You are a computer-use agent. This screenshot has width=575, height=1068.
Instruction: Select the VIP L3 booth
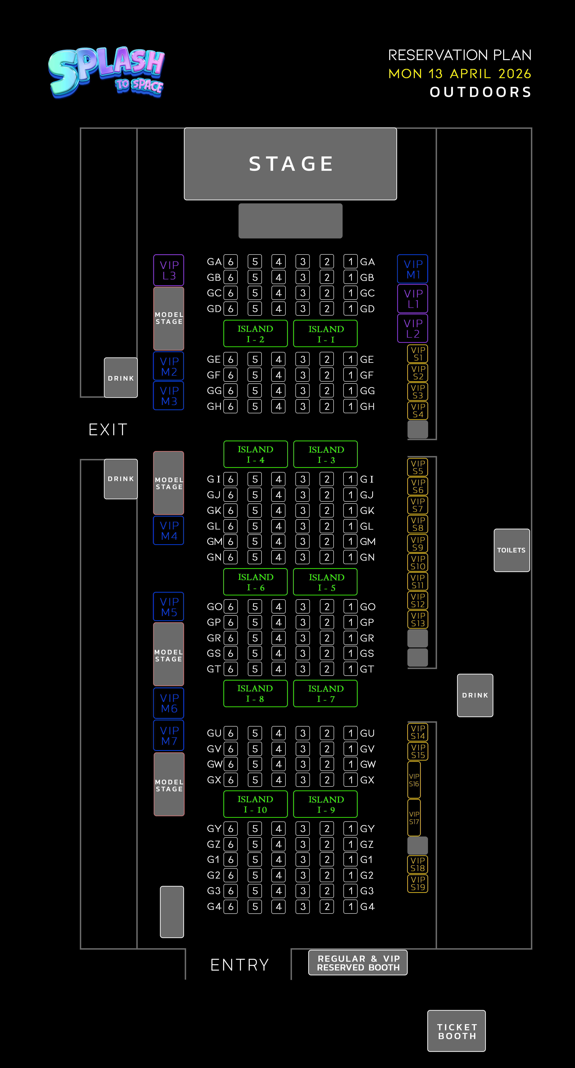(x=169, y=270)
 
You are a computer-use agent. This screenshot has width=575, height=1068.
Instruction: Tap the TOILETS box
(x=512, y=550)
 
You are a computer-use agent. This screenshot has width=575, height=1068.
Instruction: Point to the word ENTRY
(x=240, y=965)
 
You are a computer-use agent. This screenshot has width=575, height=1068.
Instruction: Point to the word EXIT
(x=108, y=429)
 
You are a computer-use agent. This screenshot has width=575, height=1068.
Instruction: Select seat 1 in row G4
(x=350, y=907)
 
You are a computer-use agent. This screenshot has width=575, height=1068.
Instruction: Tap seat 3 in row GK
(x=303, y=510)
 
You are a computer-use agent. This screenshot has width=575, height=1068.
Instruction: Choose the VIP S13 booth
(x=418, y=619)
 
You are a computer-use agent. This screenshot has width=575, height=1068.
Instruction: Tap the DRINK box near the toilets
(x=475, y=695)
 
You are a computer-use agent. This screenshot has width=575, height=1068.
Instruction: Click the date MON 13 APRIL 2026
(x=460, y=74)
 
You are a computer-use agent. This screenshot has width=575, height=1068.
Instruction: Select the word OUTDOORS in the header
(x=480, y=92)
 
